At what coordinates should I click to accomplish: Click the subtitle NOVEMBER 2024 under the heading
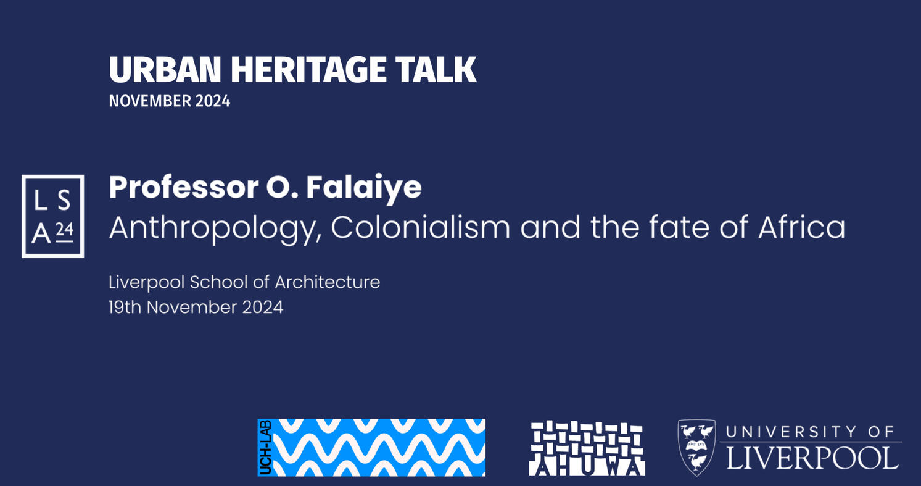click(170, 101)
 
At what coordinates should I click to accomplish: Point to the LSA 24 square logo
click(53, 216)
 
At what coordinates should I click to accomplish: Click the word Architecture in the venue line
click(327, 282)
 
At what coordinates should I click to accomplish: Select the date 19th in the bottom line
click(125, 307)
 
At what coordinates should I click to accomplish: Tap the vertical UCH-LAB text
click(266, 448)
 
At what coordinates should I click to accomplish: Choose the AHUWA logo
click(587, 448)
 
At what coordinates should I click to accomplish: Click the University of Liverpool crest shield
click(696, 447)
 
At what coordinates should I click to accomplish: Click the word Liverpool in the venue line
click(147, 282)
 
